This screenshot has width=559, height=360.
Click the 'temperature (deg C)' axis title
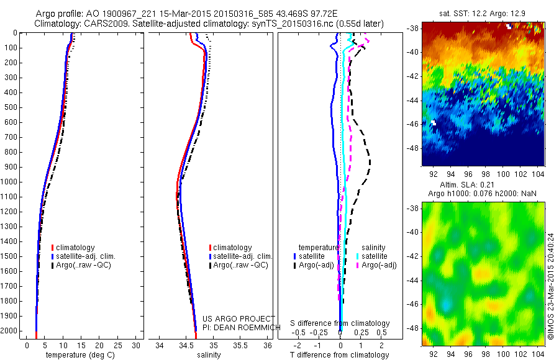(x=78, y=355)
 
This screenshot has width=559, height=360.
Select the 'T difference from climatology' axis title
(x=339, y=355)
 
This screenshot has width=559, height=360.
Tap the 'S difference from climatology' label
(x=340, y=323)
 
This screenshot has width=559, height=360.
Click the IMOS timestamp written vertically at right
(x=550, y=286)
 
